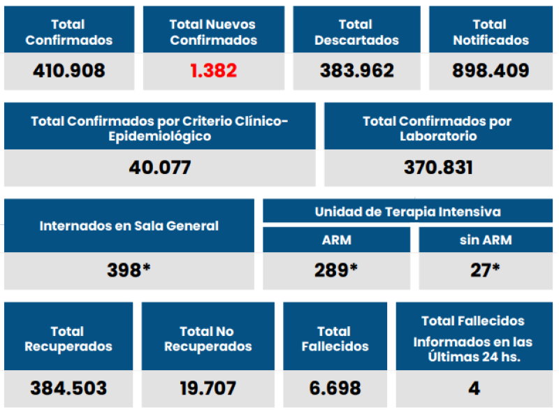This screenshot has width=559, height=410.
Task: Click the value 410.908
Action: [68, 71]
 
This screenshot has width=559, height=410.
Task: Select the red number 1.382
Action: [213, 71]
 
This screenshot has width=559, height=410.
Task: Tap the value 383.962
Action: [356, 71]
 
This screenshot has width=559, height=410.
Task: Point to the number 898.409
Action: [491, 71]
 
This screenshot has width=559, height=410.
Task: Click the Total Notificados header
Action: [491, 32]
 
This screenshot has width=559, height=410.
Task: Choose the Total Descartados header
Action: [356, 32]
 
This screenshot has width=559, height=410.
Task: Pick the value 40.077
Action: [159, 168]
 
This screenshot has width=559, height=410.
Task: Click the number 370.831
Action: [438, 168]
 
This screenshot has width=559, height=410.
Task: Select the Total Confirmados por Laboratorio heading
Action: [438, 129]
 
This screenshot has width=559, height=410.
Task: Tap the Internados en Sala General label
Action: [129, 226]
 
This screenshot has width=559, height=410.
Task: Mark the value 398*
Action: [129, 270]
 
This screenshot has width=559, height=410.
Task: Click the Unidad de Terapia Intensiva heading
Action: [407, 211]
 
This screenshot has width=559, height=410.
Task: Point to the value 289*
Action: [335, 270]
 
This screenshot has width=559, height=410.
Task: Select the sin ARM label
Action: [486, 240]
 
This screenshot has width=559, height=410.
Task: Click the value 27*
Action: [485, 270]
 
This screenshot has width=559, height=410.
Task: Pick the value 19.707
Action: [207, 388]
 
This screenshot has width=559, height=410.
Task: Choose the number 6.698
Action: [334, 388]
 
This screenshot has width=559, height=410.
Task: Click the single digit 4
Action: [474, 388]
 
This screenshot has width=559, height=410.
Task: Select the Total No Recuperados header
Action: [207, 339]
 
